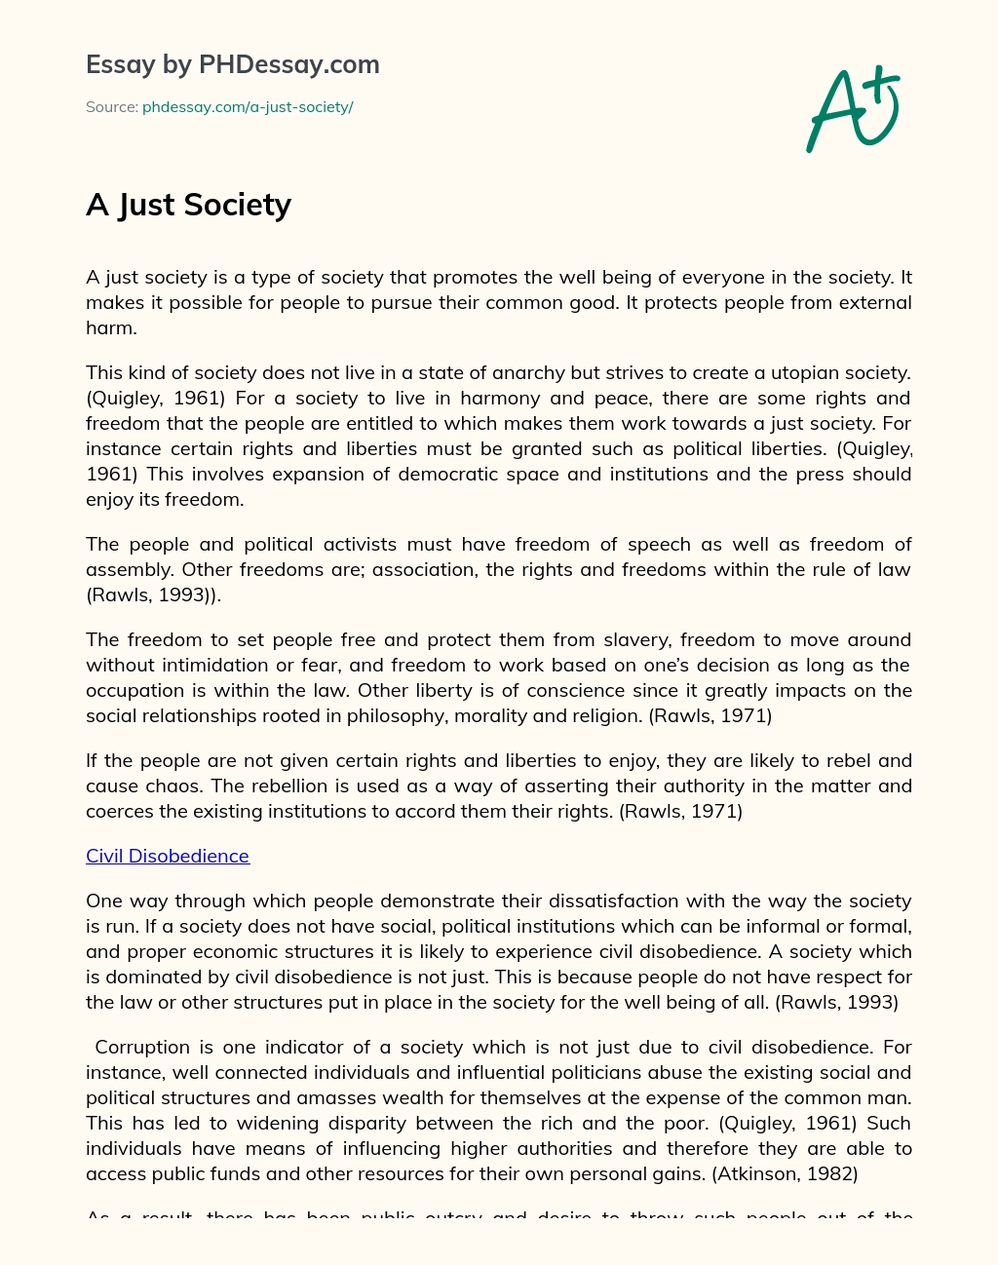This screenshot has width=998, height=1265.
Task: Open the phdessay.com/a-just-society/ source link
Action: (248, 107)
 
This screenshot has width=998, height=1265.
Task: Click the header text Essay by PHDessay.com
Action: (233, 65)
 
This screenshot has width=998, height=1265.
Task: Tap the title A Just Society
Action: (188, 205)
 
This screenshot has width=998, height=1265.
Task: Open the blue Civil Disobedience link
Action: (168, 856)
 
